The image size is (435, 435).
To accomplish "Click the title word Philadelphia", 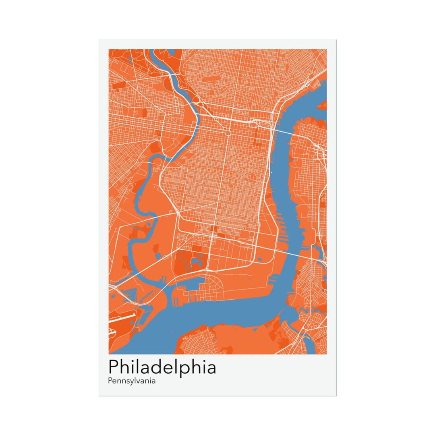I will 162,368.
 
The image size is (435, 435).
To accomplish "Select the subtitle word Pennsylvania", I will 132,381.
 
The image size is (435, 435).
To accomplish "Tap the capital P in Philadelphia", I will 114,367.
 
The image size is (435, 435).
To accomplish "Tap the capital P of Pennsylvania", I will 110,380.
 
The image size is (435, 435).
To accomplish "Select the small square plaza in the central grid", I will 228,133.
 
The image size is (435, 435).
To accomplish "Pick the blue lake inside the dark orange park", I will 196,263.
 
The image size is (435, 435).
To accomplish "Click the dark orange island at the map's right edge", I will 323,106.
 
